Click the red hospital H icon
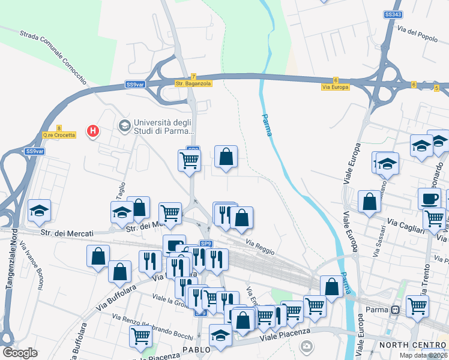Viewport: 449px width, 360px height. point(92,130)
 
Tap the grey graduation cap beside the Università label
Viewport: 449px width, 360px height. point(125,125)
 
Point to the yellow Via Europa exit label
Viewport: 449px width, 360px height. point(335,87)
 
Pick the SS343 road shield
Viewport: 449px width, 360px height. point(393,14)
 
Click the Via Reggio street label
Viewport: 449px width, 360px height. point(261,246)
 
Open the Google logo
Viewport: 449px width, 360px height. point(20,352)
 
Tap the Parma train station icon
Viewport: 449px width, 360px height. point(395,310)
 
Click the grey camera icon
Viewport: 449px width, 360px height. point(307,346)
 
